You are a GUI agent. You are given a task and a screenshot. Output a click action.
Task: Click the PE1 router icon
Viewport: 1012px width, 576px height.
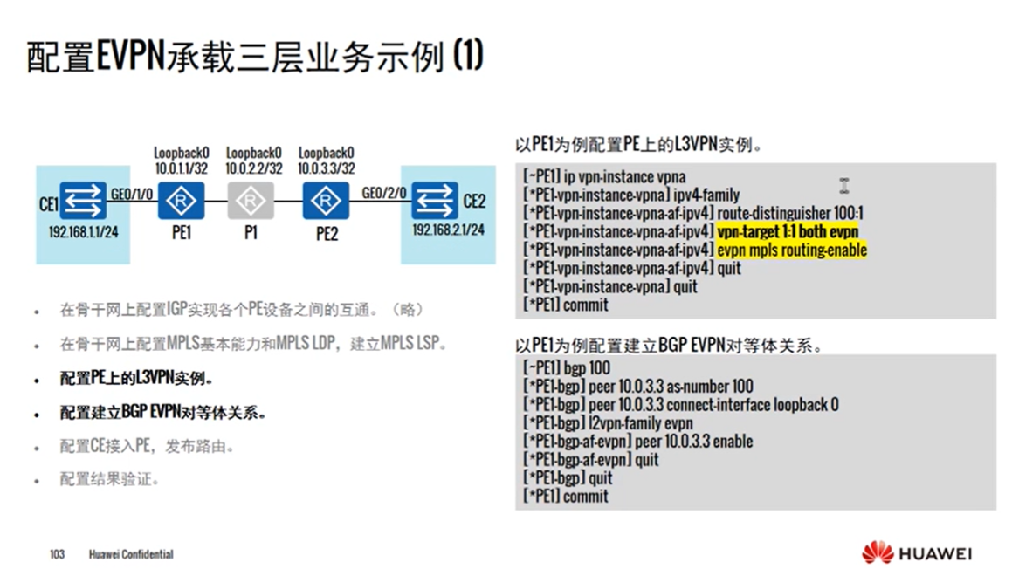(x=181, y=201)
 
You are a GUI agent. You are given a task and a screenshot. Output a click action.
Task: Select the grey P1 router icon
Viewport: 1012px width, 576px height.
(x=251, y=201)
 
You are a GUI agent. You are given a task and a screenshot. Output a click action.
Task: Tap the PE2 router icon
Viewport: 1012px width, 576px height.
(x=326, y=201)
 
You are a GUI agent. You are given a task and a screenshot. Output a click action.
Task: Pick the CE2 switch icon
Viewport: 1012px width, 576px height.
(x=434, y=200)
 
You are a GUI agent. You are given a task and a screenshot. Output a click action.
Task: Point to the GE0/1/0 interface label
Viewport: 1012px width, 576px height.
(x=134, y=193)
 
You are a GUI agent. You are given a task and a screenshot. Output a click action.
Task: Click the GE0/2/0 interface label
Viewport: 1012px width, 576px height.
(x=384, y=193)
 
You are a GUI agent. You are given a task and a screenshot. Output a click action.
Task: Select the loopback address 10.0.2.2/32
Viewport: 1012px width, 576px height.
(x=253, y=168)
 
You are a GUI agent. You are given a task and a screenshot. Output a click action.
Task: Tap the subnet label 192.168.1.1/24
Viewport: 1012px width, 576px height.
(x=84, y=234)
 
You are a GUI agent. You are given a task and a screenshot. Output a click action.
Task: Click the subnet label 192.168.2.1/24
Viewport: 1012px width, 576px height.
(x=448, y=230)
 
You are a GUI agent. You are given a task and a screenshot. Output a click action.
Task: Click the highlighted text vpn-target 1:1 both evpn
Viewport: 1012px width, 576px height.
(x=788, y=231)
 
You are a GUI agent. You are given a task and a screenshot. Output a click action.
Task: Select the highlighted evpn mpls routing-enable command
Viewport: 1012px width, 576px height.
(x=792, y=250)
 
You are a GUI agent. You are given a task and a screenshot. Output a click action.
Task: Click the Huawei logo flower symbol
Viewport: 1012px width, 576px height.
(x=877, y=552)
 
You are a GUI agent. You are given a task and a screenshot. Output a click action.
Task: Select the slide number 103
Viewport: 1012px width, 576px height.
(x=58, y=554)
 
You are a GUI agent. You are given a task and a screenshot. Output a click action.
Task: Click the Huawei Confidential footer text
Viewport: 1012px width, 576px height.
(x=131, y=554)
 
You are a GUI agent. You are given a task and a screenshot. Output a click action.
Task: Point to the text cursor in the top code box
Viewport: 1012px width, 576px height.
(x=844, y=185)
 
